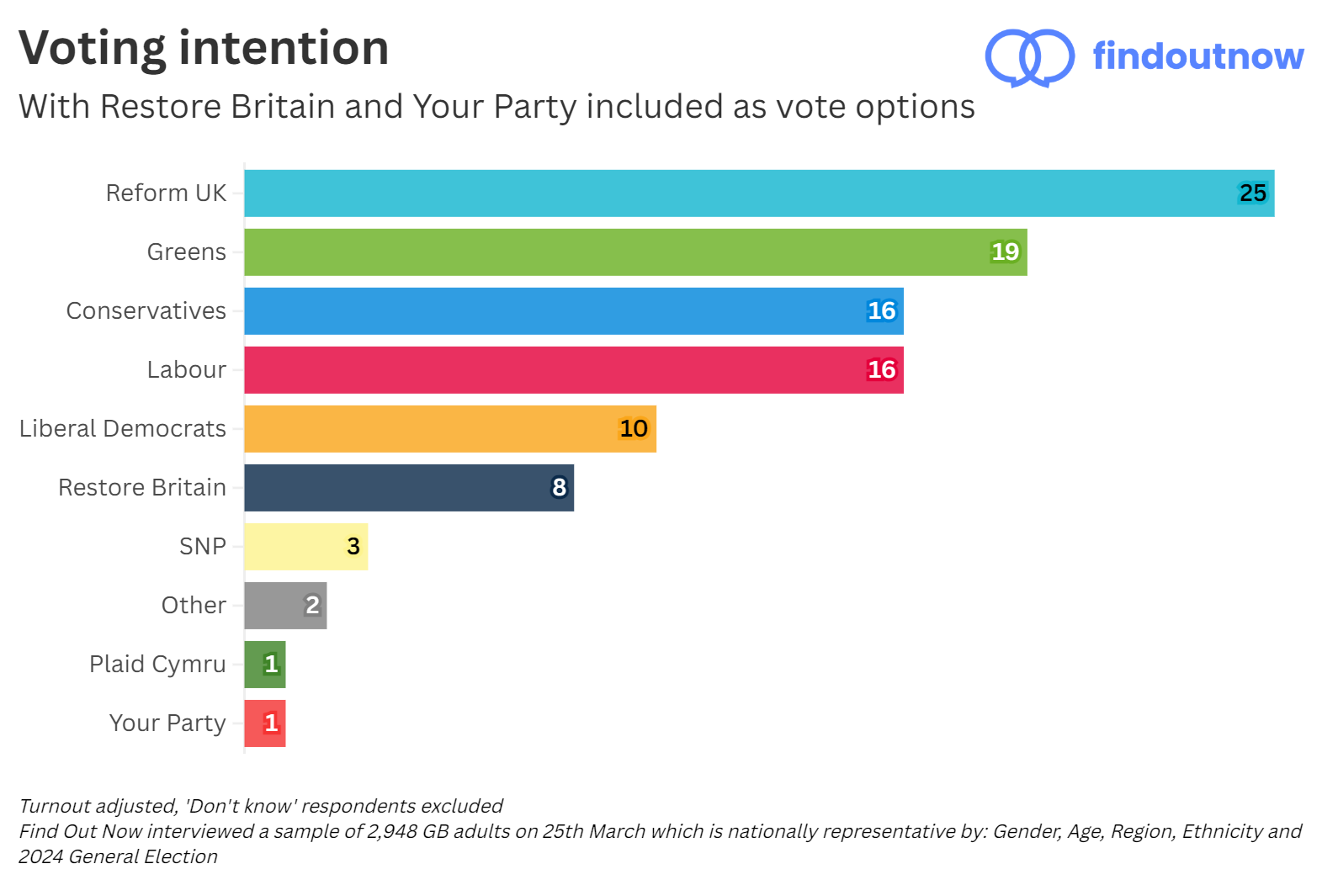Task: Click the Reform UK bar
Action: (x=757, y=193)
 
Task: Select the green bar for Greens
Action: (x=635, y=252)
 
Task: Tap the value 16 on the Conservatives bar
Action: (x=881, y=311)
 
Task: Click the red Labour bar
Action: (x=572, y=370)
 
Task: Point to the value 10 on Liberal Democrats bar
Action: (x=633, y=429)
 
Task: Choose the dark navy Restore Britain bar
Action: (x=408, y=488)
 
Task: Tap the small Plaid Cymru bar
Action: (x=265, y=665)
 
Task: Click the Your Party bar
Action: (x=265, y=723)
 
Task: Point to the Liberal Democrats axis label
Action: (x=123, y=429)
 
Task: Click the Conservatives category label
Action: (x=146, y=311)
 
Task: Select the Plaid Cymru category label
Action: (x=157, y=665)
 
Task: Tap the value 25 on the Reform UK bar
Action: (x=1252, y=193)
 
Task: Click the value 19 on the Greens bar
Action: (x=1005, y=252)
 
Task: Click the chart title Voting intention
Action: (x=204, y=48)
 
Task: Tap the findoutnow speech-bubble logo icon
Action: (x=1028, y=57)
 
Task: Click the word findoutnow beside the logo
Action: (x=1197, y=56)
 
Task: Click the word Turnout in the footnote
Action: (x=54, y=806)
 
